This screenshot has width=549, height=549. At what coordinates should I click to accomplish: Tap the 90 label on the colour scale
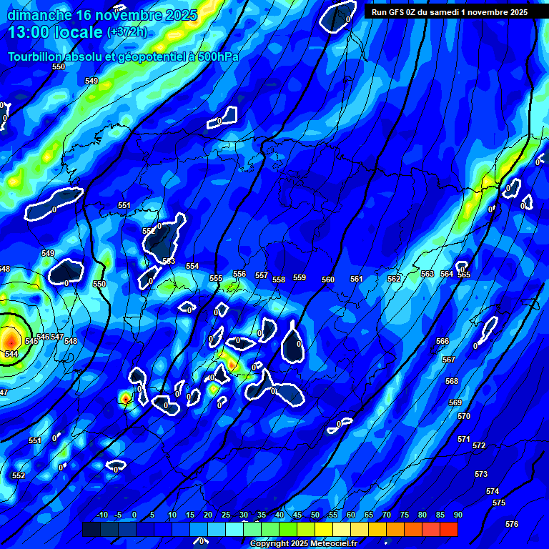coord(457,515)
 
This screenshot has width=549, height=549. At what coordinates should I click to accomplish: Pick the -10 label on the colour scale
coord(102,515)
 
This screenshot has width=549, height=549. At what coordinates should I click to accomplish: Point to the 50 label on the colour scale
coord(315,515)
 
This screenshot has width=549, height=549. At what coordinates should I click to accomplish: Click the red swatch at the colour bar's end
coord(448,529)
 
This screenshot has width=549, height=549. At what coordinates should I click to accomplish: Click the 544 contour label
coord(11,354)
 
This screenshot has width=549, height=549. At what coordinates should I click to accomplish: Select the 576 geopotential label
coord(512,524)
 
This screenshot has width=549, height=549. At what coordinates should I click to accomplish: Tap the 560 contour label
coord(328,280)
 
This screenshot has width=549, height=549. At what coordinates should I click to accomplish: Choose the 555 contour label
coord(216,278)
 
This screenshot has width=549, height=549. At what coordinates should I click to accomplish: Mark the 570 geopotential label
coord(464,416)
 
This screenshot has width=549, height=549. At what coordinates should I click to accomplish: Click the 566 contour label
coord(442,342)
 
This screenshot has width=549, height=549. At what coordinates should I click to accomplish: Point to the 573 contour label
coord(481,474)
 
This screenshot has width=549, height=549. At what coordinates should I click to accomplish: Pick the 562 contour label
coord(394,279)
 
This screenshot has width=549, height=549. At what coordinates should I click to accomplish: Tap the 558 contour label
coord(279,280)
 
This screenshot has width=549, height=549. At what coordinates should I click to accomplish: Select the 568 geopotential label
coord(452,381)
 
